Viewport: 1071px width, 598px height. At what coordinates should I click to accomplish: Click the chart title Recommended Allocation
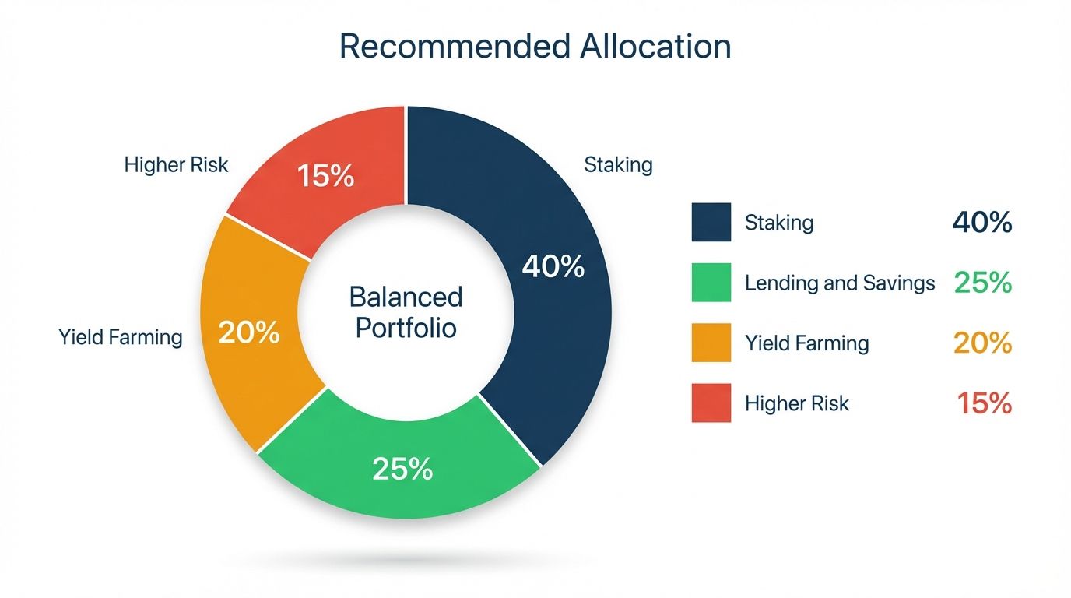(535, 47)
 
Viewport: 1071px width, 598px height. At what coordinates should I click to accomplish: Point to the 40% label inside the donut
(553, 267)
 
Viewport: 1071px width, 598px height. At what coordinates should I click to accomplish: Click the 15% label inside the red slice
(326, 177)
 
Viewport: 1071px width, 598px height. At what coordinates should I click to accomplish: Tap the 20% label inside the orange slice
(249, 333)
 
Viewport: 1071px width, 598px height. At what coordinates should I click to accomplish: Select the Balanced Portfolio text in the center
(406, 311)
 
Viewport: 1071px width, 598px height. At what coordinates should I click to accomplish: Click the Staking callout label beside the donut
(618, 165)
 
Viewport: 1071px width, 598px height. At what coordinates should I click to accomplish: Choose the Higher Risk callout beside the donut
(177, 165)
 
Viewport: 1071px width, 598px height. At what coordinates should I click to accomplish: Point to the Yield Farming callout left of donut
(121, 337)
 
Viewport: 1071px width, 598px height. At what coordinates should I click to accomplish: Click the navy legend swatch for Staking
(711, 222)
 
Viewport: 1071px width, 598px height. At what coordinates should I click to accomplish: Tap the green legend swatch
(711, 282)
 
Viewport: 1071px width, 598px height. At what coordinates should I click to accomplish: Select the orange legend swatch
(711, 343)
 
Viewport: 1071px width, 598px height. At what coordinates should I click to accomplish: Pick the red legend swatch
(711, 403)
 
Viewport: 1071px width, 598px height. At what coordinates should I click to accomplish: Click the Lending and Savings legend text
(840, 283)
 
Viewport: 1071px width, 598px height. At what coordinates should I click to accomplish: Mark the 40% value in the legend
(982, 223)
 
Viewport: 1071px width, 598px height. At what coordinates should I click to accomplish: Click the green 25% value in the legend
(982, 283)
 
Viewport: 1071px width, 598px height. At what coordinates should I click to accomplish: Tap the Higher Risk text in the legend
(797, 403)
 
